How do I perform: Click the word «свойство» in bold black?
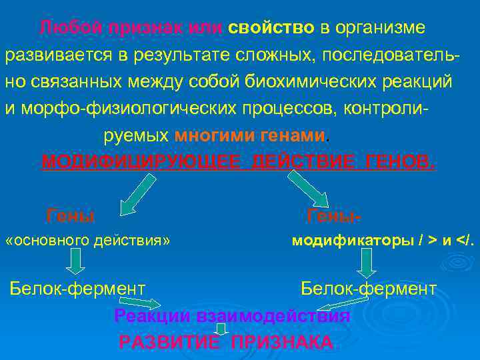pos(271,28)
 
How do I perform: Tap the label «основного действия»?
pos(87,240)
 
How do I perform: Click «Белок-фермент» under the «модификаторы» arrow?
pos(369,289)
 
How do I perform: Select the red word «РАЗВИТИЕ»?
pos(169,343)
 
